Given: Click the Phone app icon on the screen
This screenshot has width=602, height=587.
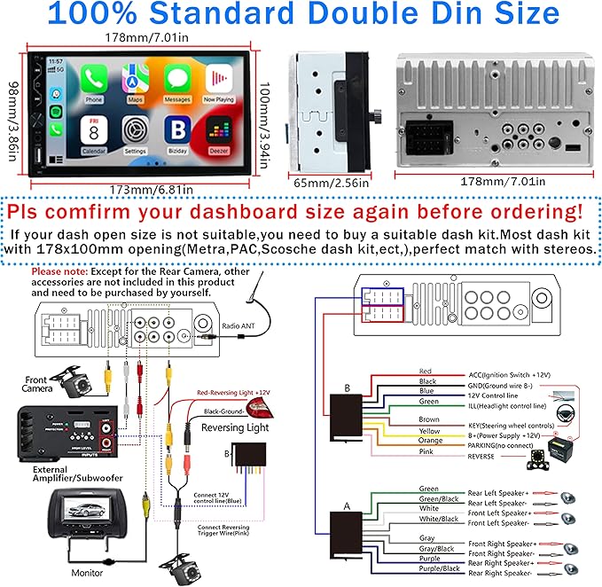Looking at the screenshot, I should [94, 82].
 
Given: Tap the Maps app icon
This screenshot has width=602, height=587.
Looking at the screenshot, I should [135, 82].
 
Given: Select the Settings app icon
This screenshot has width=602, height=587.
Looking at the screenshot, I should [135, 131].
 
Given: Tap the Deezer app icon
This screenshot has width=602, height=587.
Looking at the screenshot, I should [217, 131].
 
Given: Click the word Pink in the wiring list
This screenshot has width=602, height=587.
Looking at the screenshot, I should [427, 452].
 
